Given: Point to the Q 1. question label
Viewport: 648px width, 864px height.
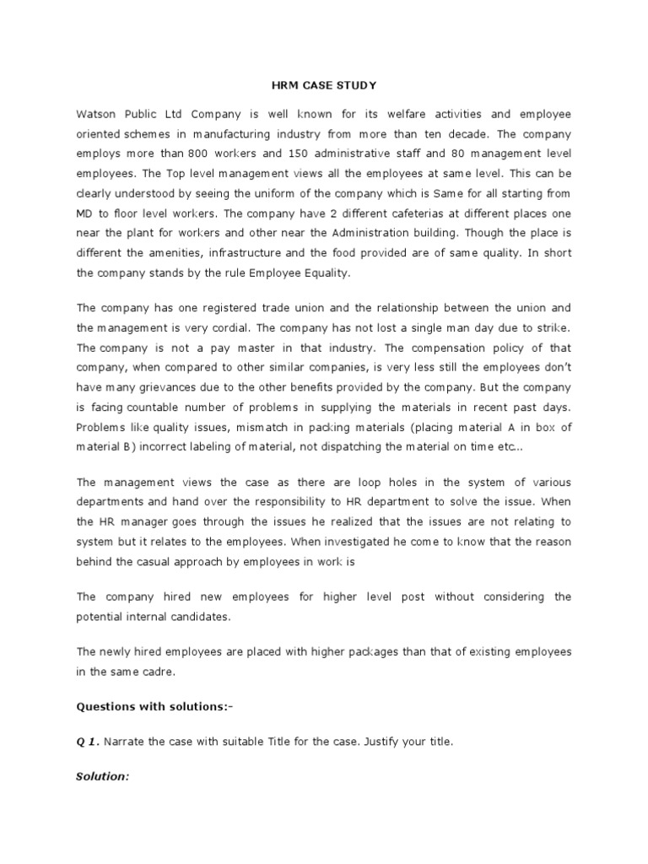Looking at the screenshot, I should click(x=88, y=742).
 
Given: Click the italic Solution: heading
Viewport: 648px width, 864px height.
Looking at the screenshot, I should click(x=103, y=777).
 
